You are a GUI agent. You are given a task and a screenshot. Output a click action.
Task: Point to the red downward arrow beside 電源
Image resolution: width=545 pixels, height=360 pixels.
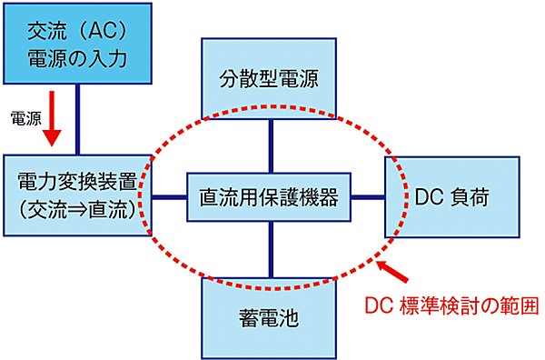tap(52, 124)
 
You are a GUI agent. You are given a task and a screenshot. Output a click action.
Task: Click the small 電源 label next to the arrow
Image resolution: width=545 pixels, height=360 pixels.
tap(24, 118)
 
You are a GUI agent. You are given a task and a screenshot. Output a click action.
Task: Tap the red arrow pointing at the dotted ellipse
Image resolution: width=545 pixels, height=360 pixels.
tap(391, 270)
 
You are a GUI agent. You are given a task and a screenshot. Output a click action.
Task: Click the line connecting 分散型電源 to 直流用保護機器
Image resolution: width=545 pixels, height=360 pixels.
tap(271, 146)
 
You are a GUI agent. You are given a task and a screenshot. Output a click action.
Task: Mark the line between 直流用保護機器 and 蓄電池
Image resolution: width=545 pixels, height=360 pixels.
tap(271, 250)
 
